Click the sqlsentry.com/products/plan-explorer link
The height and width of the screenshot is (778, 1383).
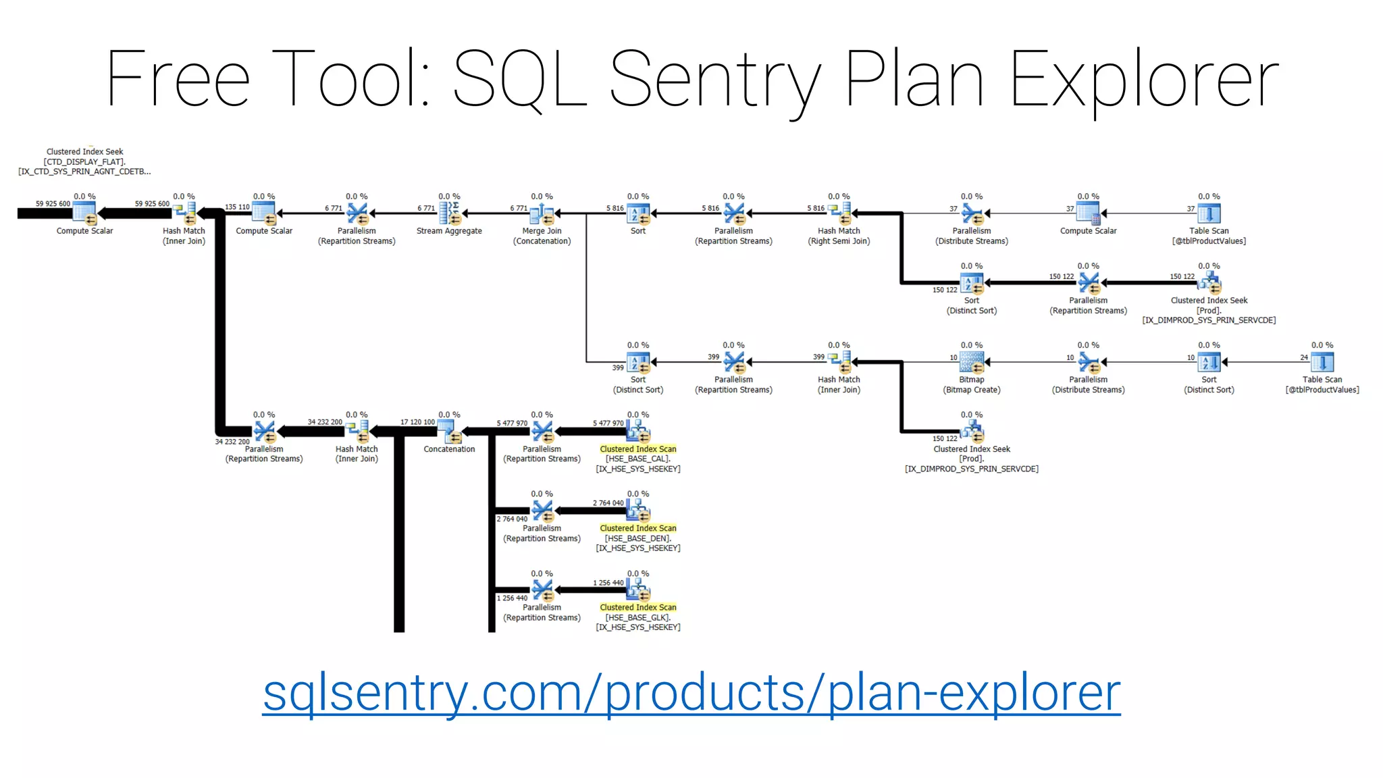click(x=691, y=693)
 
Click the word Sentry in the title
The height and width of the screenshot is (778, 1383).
click(x=715, y=80)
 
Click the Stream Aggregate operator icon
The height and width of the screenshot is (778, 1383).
click(x=449, y=213)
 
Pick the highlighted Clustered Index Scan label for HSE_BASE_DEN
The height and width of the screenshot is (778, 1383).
click(x=637, y=528)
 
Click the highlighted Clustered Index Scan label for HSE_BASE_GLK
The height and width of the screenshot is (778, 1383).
click(x=637, y=607)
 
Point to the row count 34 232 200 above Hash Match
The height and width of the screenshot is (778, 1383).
click(x=325, y=422)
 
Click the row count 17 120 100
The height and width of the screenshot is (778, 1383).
click(x=417, y=422)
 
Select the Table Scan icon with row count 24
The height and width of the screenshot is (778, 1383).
click(x=1322, y=363)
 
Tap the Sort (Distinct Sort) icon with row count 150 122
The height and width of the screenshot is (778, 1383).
click(x=971, y=283)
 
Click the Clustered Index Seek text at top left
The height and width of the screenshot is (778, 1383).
click(x=84, y=152)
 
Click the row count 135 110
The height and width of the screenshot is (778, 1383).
click(x=237, y=207)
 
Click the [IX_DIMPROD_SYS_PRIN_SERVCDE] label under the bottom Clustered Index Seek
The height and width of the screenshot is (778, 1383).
click(x=971, y=469)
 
